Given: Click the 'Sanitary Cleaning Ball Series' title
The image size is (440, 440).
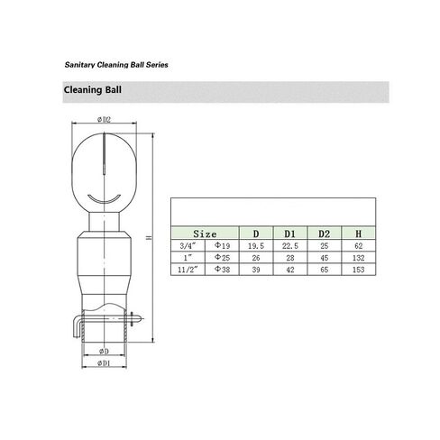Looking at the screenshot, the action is pos(116,65).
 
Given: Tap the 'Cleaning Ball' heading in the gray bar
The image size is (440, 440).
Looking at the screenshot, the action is pos(93,90).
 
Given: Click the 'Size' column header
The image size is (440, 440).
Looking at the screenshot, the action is pos(205,234).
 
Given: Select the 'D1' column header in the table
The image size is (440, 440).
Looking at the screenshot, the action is pos(290,234).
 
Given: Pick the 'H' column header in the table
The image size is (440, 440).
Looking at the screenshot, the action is pos(359,234).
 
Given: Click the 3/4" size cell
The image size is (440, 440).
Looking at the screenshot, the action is pos(188,245).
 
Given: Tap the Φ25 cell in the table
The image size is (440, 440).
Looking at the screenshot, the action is pos(222,258).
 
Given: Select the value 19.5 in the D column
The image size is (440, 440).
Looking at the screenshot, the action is pos(256,246).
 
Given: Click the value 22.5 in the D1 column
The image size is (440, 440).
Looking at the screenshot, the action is pos(290,246).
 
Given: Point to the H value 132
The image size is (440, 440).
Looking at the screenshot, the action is pos(359,258).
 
